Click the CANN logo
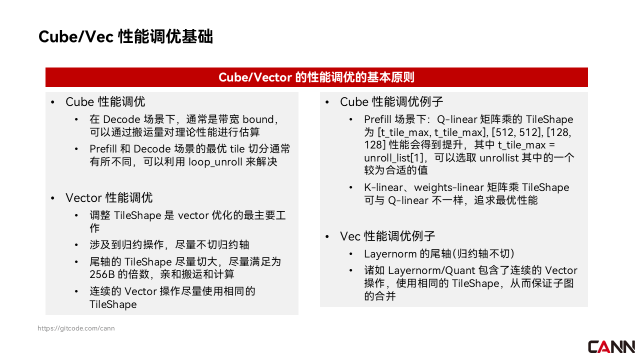click(611, 347)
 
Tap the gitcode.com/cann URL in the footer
click(76, 328)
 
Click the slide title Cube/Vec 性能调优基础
click(125, 36)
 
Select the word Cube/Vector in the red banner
click(255, 77)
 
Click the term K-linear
click(383, 187)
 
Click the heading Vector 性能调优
click(109, 197)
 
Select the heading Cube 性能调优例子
click(391, 101)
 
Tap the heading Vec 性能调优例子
click(387, 236)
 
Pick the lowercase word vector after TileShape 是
click(193, 215)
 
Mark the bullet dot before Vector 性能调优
click(52, 198)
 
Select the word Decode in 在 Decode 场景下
click(121, 119)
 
